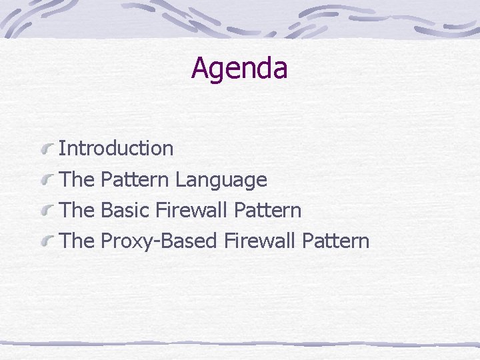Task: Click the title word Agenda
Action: coord(239,68)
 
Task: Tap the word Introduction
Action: coord(116,148)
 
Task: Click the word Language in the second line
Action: coord(221,179)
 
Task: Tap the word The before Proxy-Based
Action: coord(77,241)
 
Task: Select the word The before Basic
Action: coord(77,211)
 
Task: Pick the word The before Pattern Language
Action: coord(77,179)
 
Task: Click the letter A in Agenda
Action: coord(199,67)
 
